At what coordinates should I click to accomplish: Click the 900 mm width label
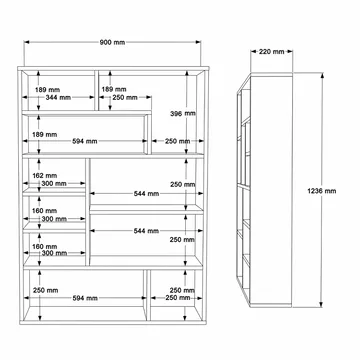112,42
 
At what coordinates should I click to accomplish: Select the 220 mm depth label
272,52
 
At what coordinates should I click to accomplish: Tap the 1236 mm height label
322,191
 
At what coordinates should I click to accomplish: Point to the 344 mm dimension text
58,97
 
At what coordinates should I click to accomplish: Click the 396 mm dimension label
183,113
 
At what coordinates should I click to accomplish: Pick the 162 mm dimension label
46,175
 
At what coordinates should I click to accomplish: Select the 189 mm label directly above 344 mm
48,90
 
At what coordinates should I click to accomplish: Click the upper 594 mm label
85,141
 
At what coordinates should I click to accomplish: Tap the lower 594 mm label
85,298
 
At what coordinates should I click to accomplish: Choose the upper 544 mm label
146,193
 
